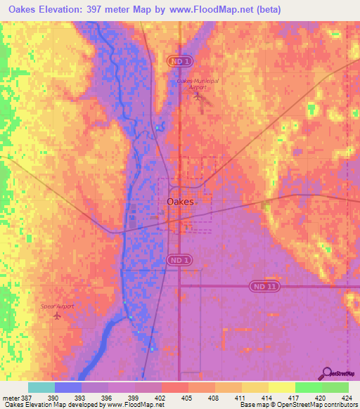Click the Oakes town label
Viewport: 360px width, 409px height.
pyautogui.click(x=180, y=202)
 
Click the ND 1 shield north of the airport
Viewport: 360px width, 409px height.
pyautogui.click(x=180, y=62)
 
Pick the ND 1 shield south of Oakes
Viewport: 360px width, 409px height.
pyautogui.click(x=180, y=260)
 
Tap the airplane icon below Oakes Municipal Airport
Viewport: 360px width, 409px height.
pyautogui.click(x=198, y=96)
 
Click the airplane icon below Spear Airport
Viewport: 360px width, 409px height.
pyautogui.click(x=56, y=316)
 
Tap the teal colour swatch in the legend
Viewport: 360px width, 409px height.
pyautogui.click(x=41, y=387)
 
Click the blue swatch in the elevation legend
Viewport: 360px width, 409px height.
pyautogui.click(x=68, y=387)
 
